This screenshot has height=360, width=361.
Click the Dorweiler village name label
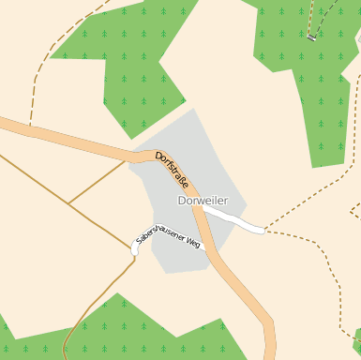203,201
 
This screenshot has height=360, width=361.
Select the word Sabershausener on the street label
158,234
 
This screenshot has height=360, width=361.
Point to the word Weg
193,244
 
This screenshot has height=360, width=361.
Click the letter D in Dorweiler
182,201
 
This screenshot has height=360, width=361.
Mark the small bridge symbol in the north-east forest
311,37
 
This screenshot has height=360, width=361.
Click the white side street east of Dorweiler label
234,221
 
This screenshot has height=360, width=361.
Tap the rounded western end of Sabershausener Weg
135,250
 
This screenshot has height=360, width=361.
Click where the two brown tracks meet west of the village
68,202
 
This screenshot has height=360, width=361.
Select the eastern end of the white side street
262,229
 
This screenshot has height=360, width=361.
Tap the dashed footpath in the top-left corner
38,75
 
